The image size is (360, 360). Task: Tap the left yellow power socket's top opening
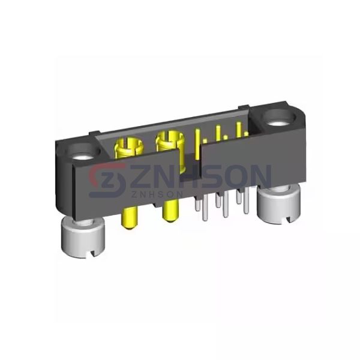tap(127, 145)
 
